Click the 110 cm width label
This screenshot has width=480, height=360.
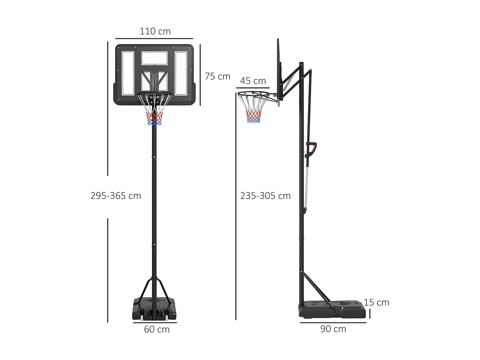[155, 31]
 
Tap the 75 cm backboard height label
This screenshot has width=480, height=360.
[217, 76]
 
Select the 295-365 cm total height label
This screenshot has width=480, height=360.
[116, 196]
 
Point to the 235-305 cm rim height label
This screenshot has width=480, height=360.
[265, 196]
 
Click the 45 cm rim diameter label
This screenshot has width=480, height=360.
[253, 81]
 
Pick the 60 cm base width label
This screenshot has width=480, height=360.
[156, 329]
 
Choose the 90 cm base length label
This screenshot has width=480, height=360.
[333, 329]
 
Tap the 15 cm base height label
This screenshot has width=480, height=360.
[376, 302]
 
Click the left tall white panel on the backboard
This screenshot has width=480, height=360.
[128, 73]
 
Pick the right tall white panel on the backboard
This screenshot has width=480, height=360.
[181, 73]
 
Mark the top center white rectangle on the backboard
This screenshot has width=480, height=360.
[155, 58]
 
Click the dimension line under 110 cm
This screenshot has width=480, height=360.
[154, 39]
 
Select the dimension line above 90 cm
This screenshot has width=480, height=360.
[333, 323]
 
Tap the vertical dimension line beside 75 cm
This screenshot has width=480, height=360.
[200, 75]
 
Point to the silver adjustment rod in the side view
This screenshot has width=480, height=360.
[307, 186]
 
